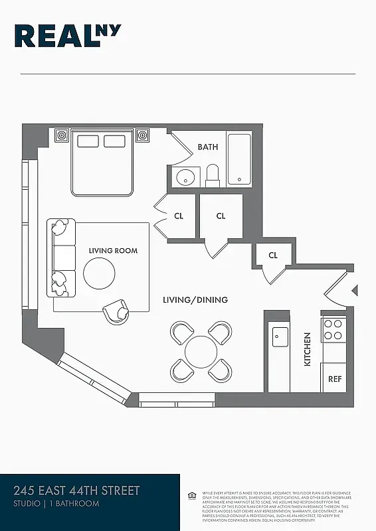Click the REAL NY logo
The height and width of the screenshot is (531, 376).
click(67, 36)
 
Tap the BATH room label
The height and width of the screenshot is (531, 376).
click(207, 147)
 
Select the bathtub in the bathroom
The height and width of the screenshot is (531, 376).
click(239, 159)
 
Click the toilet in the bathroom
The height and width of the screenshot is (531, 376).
click(213, 176)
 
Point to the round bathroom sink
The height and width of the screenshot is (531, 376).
click(185, 177)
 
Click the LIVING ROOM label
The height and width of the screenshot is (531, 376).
click(113, 251)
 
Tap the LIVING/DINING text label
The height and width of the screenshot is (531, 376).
click(195, 300)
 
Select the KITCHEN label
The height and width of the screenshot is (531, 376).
click(308, 349)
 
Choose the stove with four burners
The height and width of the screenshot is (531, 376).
click(333, 329)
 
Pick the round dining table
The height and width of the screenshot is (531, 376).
click(201, 351)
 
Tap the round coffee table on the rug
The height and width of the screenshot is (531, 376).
click(99, 273)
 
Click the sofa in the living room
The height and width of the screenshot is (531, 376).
click(61, 258)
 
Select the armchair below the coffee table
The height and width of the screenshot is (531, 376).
click(117, 311)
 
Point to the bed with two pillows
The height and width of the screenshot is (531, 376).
click(102, 161)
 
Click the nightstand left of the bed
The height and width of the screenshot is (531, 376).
click(61, 135)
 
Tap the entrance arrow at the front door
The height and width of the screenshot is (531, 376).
click(355, 291)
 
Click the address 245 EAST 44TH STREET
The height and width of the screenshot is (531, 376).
click(77, 491)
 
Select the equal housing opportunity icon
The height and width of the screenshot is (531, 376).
click(192, 495)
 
